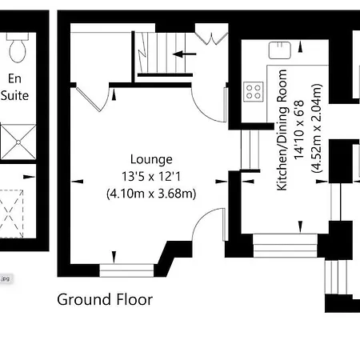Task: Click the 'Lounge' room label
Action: [x=151, y=160]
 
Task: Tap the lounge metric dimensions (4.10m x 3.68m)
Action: [x=151, y=194]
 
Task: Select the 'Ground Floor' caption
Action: [x=105, y=299]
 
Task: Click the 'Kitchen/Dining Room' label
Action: [x=282, y=130]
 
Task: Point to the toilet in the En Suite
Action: [x=18, y=47]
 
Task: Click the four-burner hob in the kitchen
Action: [x=254, y=91]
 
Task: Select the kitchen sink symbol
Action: [x=280, y=50]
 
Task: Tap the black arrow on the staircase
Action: [x=185, y=54]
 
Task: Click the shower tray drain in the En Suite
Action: [x=18, y=142]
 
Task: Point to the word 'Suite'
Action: [x=14, y=95]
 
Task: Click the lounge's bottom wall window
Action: [x=126, y=270]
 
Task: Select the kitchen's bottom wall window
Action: [x=285, y=246]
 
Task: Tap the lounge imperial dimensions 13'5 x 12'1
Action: [x=151, y=177]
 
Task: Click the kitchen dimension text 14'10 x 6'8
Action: [x=299, y=130]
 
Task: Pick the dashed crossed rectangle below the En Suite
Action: [x=11, y=214]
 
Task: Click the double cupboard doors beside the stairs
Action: [x=212, y=34]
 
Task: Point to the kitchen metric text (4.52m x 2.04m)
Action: [x=317, y=128]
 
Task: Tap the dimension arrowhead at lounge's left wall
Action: [x=78, y=182]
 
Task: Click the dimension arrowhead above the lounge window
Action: [x=114, y=257]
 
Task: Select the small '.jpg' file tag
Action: [x=6, y=279]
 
